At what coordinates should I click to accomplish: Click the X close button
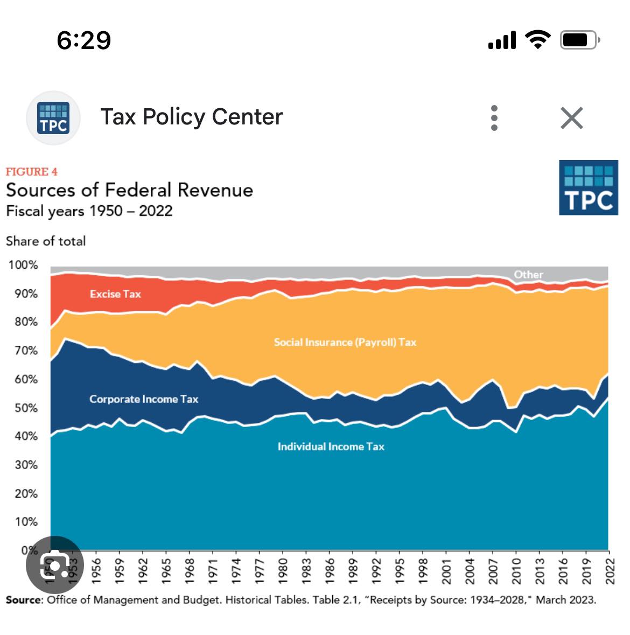[x=571, y=118]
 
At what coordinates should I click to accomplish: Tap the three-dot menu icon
[x=494, y=118]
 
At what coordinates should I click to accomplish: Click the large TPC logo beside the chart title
[x=588, y=187]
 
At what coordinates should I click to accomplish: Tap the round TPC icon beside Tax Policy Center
[x=53, y=118]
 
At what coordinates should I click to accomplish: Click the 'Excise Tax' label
[x=115, y=294]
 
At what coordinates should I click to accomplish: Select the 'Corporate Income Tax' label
[x=144, y=399]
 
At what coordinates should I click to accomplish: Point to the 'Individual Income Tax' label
[x=331, y=446]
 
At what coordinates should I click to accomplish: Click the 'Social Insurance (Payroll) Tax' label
[x=345, y=343]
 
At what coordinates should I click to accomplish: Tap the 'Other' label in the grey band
[x=528, y=274]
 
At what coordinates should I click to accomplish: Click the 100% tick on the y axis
[x=23, y=265]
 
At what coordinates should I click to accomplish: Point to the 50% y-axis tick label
[x=26, y=408]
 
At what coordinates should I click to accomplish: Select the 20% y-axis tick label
[x=26, y=493]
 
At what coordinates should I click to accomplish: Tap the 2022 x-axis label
[x=610, y=571]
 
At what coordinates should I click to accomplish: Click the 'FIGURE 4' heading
[x=31, y=172]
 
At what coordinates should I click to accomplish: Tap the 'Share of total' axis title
[x=46, y=241]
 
